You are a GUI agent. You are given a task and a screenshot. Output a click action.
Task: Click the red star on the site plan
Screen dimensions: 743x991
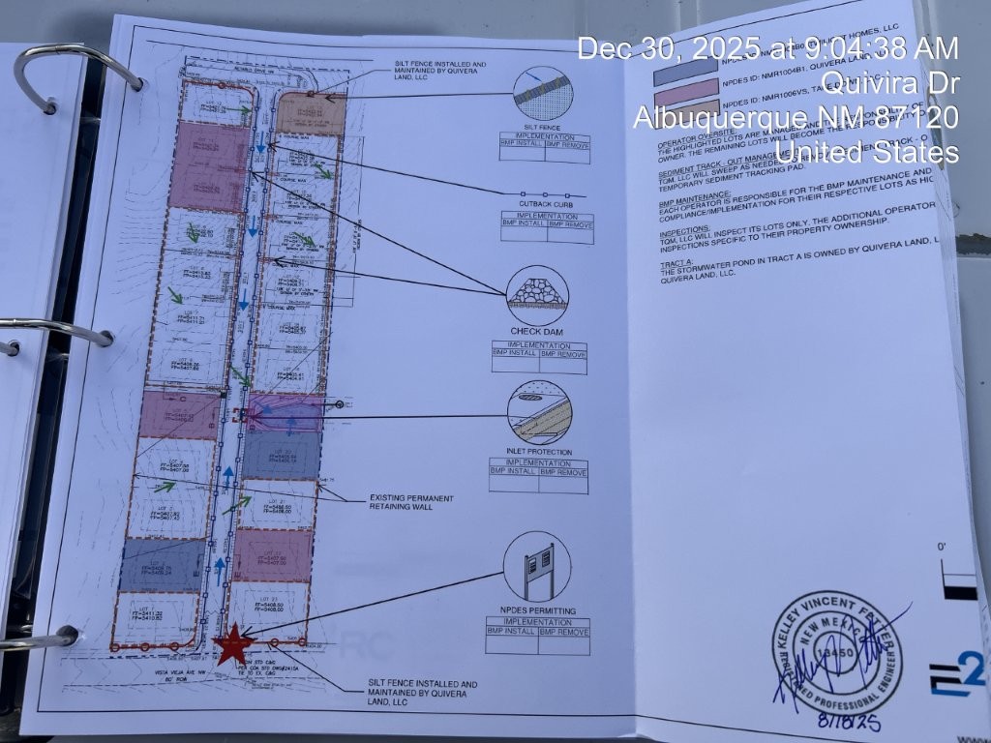point(232,643)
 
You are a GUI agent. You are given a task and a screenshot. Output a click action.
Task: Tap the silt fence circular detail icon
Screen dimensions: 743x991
point(540,94)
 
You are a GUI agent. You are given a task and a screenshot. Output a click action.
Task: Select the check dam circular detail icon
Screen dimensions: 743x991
point(538,294)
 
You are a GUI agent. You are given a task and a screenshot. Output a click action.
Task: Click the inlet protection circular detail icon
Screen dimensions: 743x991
point(539,413)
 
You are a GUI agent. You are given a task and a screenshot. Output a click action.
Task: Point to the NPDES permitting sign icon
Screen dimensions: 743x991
point(535,565)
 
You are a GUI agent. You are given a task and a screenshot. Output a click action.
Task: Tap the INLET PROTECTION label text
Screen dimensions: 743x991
point(540,452)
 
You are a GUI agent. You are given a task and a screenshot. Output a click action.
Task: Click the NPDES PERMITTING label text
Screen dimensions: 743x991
point(538,610)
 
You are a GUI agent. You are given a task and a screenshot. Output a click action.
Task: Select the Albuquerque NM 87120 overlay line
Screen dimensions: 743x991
point(796,118)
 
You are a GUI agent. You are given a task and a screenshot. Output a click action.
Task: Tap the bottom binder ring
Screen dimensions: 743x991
point(39,637)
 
